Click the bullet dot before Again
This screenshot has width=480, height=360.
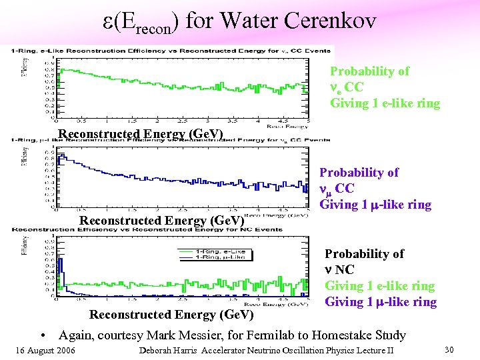(x=41, y=335)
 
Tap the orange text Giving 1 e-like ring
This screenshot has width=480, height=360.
(x=385, y=103)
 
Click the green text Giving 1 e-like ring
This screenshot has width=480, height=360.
(x=379, y=286)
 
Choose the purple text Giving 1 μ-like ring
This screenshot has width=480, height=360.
(x=375, y=205)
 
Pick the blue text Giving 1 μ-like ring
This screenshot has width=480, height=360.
(x=380, y=302)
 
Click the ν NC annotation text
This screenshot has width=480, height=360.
(x=339, y=270)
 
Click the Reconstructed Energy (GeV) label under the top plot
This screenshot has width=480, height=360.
(x=141, y=134)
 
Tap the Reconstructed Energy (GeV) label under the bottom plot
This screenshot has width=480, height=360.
(x=171, y=314)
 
